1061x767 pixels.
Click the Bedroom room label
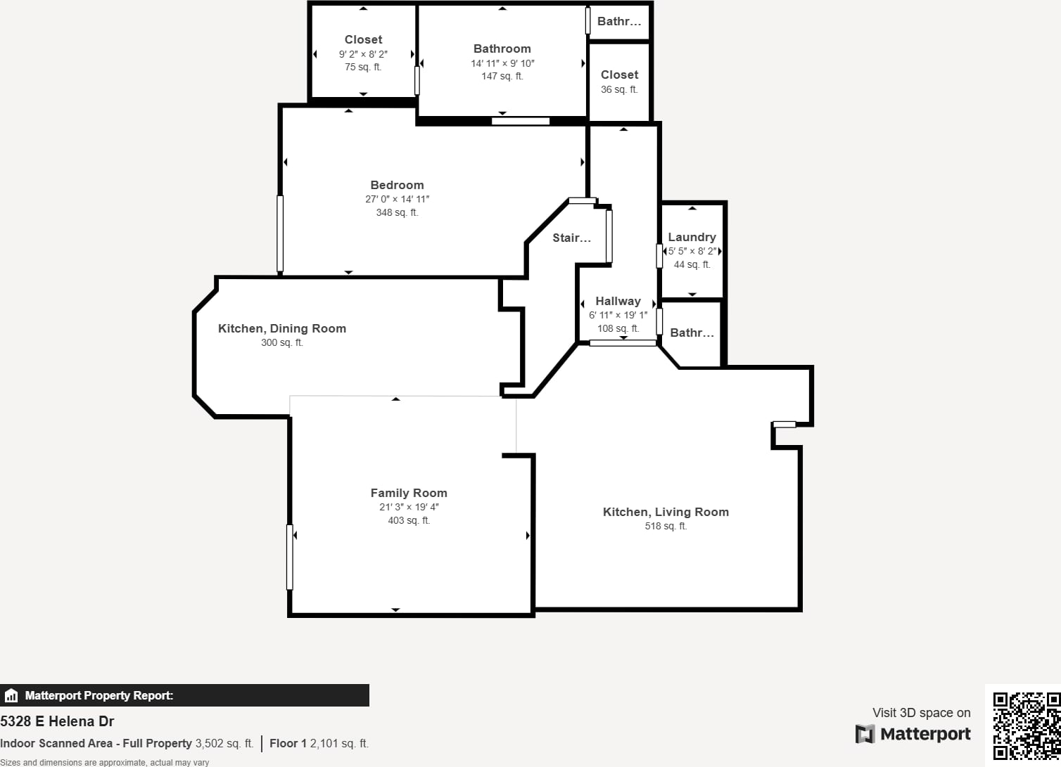point(397,185)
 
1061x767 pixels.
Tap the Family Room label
point(409,493)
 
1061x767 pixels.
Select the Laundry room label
point(692,237)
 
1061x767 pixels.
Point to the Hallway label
point(618,301)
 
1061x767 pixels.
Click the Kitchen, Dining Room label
point(282,328)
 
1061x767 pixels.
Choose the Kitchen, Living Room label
point(666,512)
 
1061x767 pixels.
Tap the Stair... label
point(572,238)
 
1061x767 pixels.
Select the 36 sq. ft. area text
point(619,89)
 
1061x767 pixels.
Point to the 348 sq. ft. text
point(397,212)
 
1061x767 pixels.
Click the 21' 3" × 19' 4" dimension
point(409,507)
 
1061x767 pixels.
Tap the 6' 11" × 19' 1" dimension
point(618,315)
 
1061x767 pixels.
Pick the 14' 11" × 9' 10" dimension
point(502,63)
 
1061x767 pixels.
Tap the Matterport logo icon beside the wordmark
point(865,734)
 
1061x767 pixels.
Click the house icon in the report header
point(11,695)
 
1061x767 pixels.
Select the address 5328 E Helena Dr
point(57,721)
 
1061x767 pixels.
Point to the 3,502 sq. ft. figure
point(224,743)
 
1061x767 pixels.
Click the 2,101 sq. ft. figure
point(339,743)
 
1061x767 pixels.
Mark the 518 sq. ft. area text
point(666,526)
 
